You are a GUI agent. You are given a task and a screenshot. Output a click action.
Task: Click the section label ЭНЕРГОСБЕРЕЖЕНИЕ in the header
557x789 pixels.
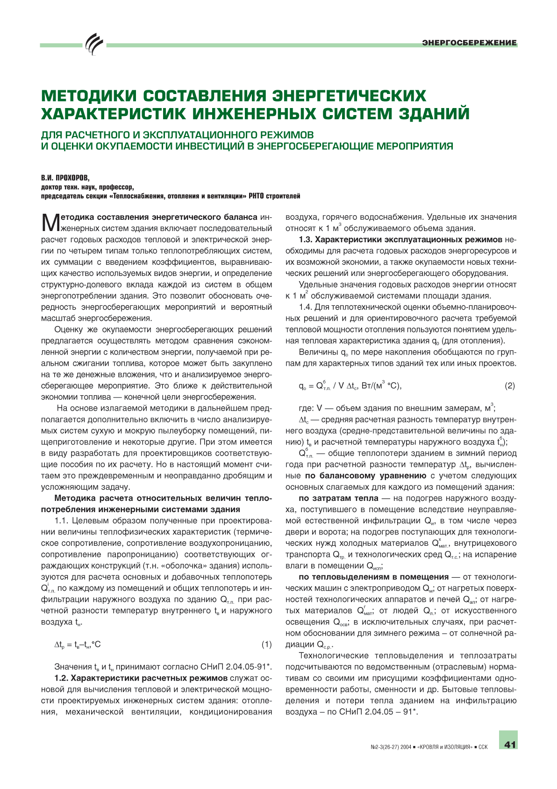click(469, 43)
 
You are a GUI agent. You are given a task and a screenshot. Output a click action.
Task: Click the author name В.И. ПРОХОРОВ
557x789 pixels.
click(65, 178)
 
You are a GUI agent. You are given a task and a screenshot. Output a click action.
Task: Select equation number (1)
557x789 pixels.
click(266, 644)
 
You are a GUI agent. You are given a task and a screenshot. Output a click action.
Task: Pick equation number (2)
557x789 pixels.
click(510, 386)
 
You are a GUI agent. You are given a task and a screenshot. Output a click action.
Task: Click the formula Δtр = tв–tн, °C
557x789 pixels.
click(78, 644)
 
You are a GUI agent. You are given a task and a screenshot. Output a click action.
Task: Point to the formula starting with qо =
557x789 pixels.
click(350, 386)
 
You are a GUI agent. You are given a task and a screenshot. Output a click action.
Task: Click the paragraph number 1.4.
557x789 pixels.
click(306, 307)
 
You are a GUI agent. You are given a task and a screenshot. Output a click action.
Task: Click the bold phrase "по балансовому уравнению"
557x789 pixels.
click(365, 476)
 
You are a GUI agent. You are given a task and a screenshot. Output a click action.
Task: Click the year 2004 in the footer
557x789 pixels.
click(405, 747)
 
